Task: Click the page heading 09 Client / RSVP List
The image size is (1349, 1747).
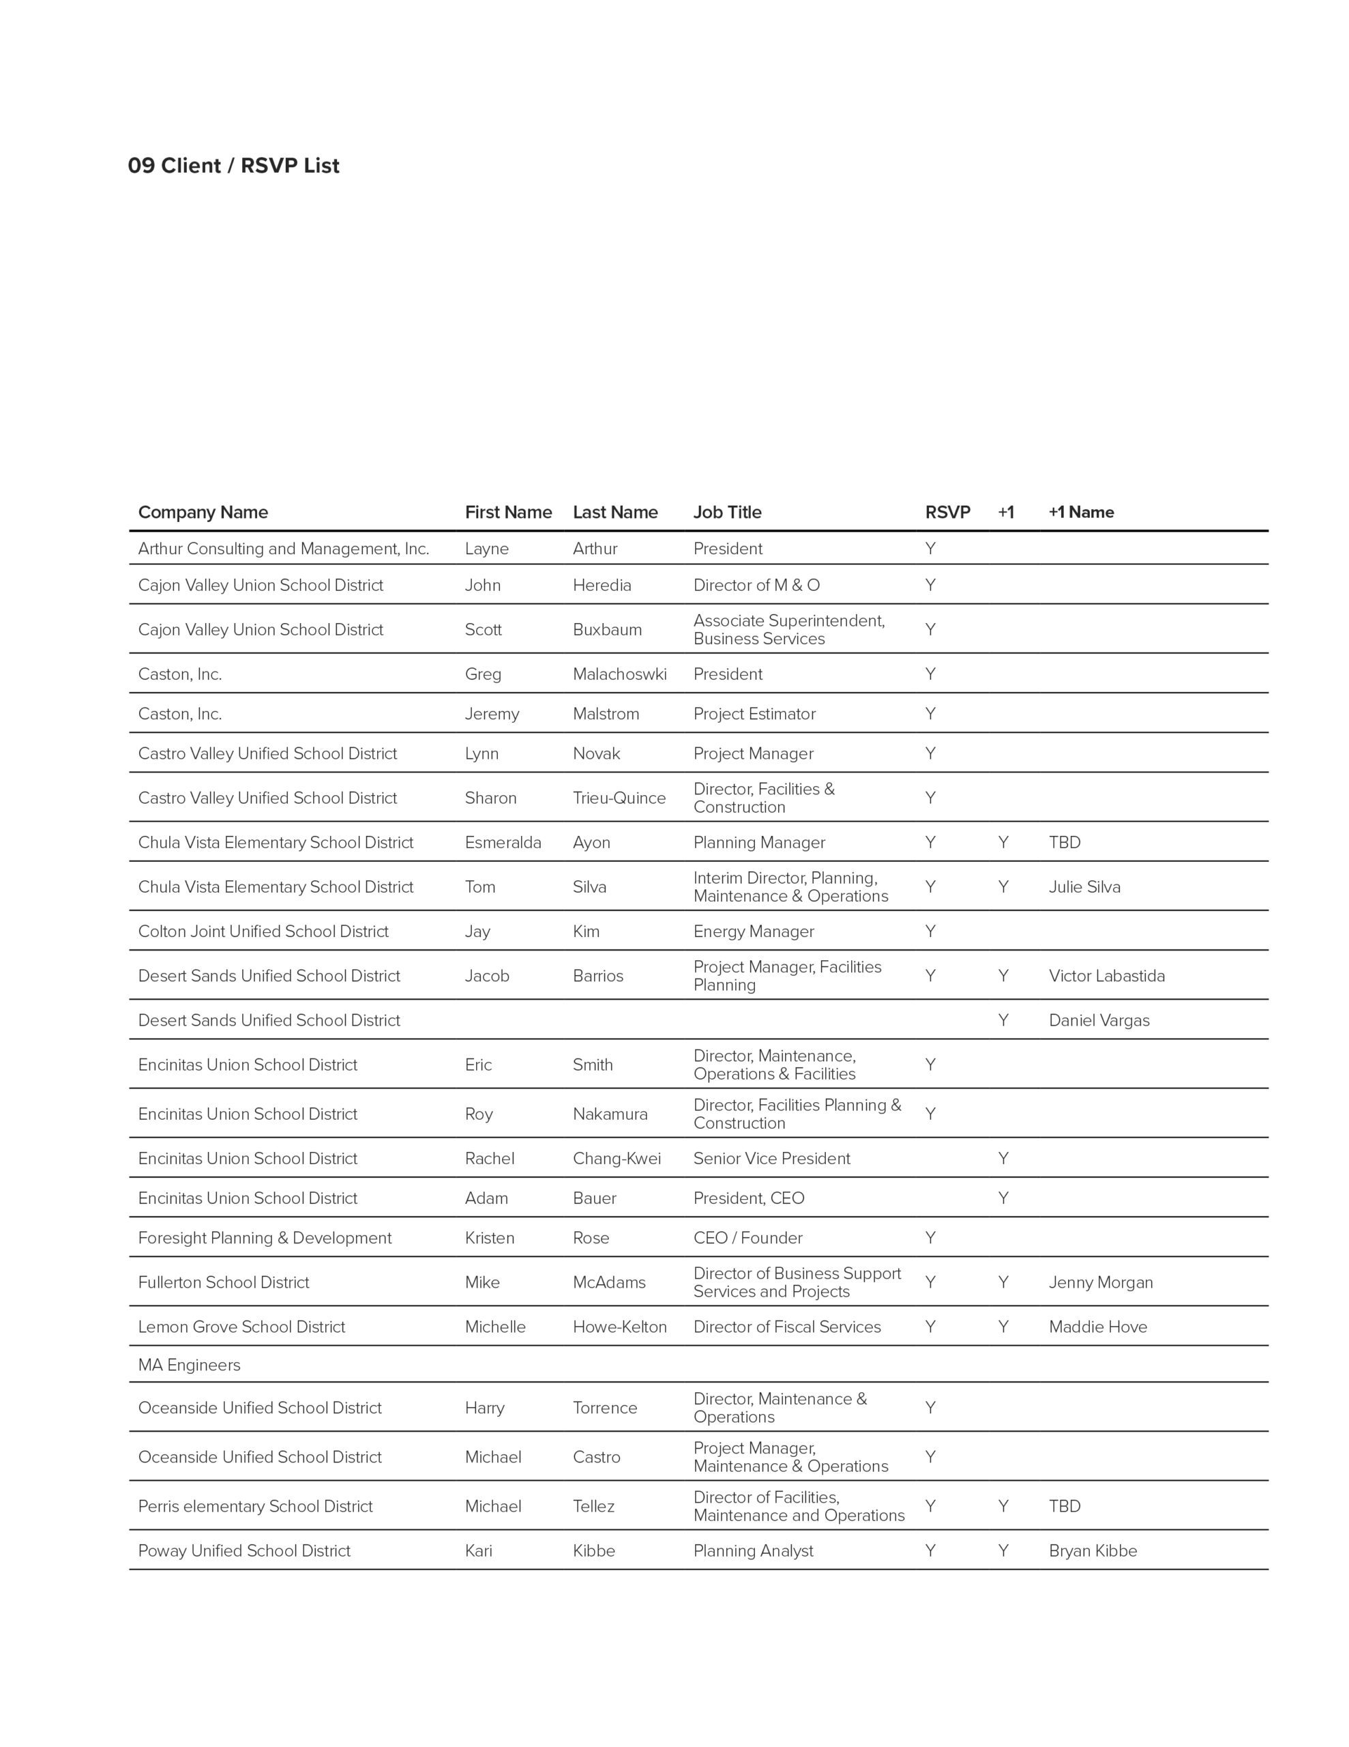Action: coord(233,166)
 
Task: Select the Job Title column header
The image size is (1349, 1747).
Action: coord(727,512)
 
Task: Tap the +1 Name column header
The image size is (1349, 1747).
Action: coord(1080,512)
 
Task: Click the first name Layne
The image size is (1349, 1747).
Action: coord(486,549)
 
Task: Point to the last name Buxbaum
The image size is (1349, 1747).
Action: coord(607,629)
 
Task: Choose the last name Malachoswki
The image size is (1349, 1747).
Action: coord(619,674)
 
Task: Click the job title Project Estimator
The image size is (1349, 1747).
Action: coord(754,714)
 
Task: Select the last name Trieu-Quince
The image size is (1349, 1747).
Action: coord(619,798)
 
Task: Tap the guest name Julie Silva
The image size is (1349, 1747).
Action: coord(1084,886)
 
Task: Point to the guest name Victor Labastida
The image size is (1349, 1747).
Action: coord(1107,976)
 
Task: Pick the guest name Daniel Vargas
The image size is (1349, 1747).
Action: coord(1099,1020)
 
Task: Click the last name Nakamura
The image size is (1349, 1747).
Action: coord(610,1114)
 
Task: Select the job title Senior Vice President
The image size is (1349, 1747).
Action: coord(771,1158)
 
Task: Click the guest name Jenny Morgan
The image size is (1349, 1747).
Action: coord(1100,1282)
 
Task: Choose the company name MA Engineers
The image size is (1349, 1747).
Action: coord(189,1365)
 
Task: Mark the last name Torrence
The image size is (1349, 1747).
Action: coord(604,1408)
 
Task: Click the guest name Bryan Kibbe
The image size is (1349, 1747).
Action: coord(1093,1550)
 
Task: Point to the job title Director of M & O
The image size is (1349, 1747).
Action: coord(756,585)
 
